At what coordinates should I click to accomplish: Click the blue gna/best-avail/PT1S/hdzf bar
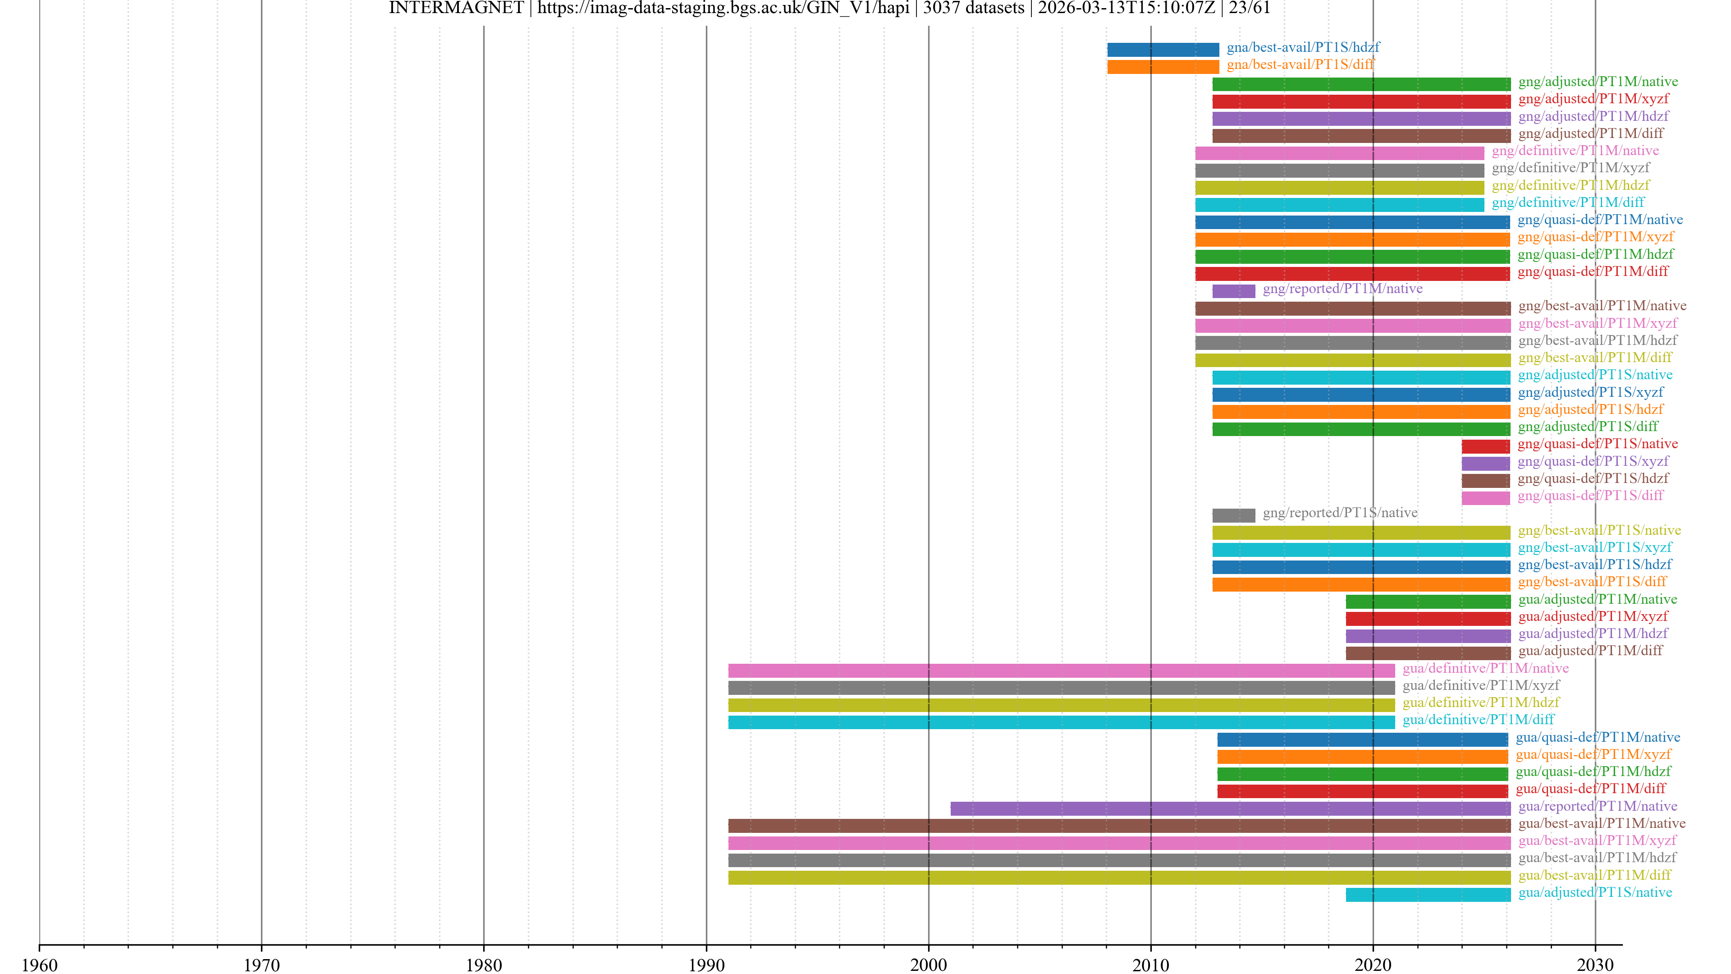tap(1163, 49)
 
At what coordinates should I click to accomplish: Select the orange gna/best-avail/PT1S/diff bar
tap(1163, 67)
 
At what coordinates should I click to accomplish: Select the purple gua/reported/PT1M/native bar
tap(1230, 809)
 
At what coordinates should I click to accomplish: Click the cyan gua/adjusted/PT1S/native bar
tap(1428, 895)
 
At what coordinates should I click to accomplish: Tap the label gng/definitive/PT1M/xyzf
tap(1571, 168)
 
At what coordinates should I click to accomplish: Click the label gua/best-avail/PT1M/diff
tap(1594, 875)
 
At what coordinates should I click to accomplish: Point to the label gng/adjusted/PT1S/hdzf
tap(1590, 409)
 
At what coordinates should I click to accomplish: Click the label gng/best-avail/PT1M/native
tap(1602, 306)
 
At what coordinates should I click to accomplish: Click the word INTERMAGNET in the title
tap(456, 8)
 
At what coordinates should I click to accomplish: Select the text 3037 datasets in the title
tap(974, 8)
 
